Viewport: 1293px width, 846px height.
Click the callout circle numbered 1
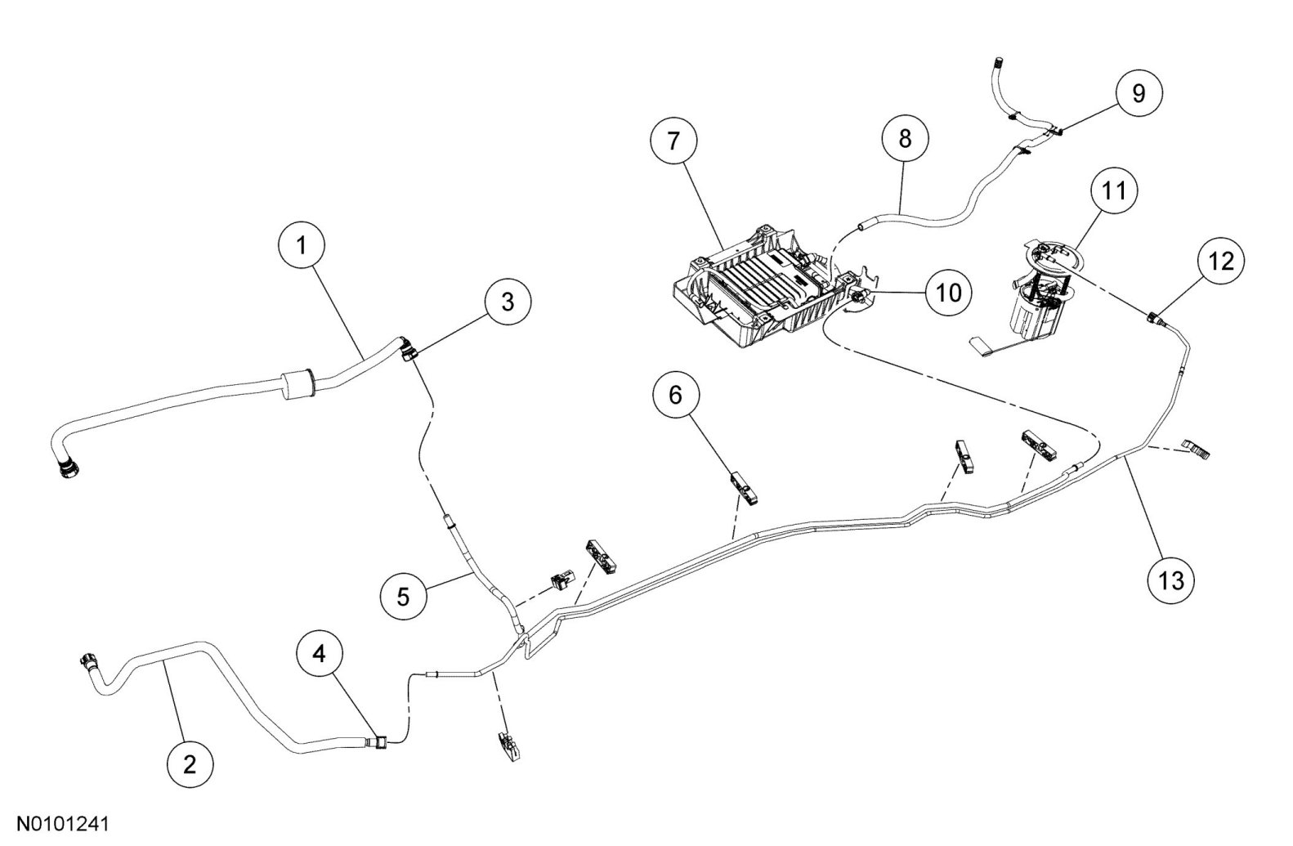coord(302,244)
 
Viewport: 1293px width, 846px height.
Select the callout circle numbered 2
coord(190,765)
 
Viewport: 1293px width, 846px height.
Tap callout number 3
coord(508,301)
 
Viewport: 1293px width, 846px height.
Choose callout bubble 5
coord(403,596)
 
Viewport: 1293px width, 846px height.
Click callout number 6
coord(675,395)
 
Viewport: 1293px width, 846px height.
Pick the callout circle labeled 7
coord(673,141)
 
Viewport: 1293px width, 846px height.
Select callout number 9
coord(1139,93)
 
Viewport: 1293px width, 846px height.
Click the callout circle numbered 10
coord(949,292)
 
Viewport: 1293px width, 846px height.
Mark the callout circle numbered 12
coord(1221,262)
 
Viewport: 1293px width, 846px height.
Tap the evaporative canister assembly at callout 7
coord(756,286)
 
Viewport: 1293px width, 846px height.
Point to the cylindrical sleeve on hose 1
coord(298,386)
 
